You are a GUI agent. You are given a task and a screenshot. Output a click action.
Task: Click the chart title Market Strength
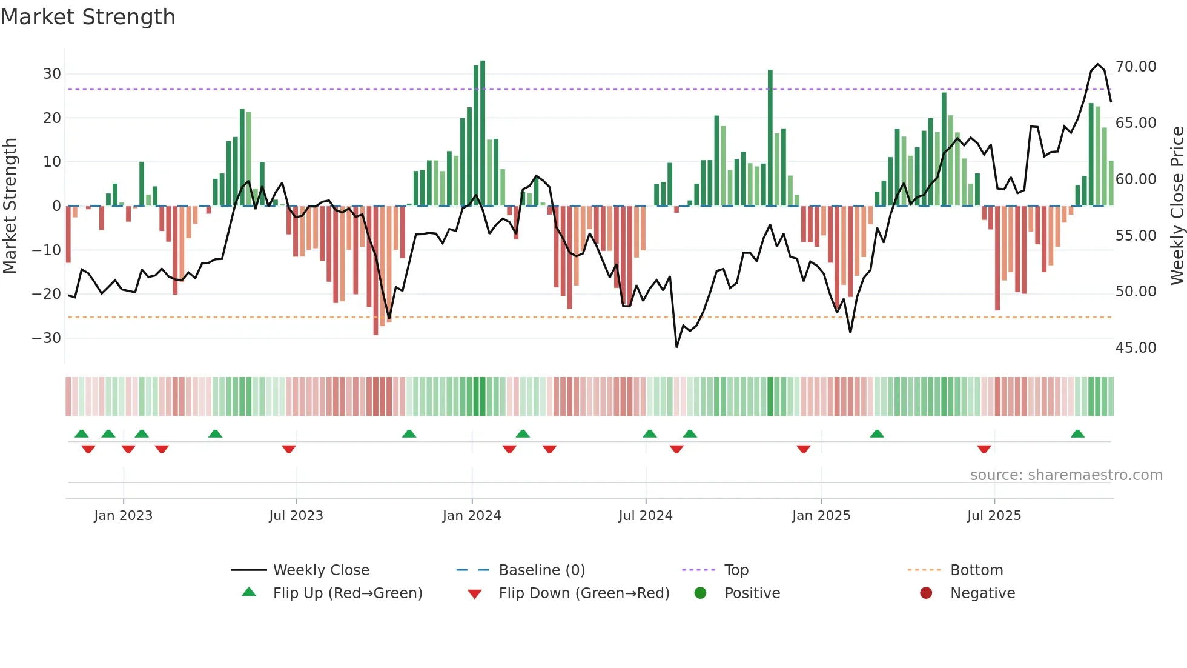88,17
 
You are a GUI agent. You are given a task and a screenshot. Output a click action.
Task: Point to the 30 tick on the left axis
52,74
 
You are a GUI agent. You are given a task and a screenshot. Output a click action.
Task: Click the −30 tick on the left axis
47,338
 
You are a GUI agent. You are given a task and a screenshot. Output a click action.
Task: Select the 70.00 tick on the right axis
1136,67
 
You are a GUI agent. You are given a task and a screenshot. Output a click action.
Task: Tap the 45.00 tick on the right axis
1136,348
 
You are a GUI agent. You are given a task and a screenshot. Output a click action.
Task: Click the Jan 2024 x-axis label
472,516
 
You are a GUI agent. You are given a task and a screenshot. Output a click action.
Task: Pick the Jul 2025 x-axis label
994,516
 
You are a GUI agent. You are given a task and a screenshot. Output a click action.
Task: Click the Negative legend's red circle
926,593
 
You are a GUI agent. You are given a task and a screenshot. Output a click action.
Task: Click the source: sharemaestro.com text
1066,475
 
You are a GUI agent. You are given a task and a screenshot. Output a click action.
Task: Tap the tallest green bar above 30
483,133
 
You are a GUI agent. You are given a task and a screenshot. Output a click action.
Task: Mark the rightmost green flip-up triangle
1077,434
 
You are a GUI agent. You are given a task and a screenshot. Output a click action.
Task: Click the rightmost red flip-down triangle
984,449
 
